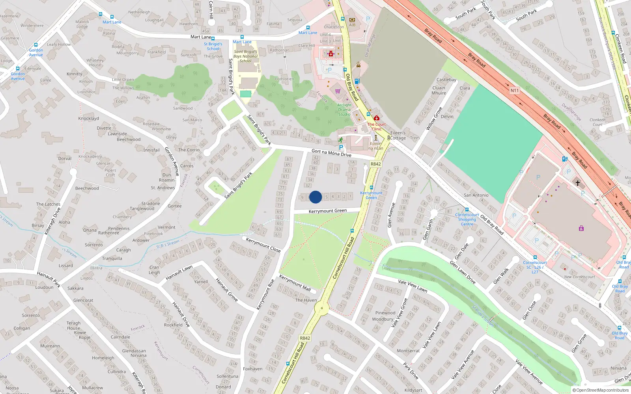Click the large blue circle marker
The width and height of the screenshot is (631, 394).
coord(315,197)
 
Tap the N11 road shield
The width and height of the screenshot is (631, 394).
coord(515,91)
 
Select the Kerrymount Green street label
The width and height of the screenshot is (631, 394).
coord(328,211)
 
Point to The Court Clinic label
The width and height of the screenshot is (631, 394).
coord(377,126)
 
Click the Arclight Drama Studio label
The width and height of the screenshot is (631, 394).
coord(344,110)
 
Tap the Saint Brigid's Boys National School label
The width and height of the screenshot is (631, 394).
coord(245,56)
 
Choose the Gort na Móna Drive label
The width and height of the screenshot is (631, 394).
coord(331,153)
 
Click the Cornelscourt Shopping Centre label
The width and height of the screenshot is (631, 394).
coord(467,219)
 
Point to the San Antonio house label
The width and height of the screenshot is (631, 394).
coord(476,195)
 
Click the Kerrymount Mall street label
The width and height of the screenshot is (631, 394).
coord(295,283)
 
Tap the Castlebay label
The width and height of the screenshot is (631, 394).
coord(446,80)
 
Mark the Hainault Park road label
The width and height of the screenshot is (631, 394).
coord(49,279)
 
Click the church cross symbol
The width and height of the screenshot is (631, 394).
coord(578,183)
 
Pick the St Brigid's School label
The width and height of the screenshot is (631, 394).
coord(213,46)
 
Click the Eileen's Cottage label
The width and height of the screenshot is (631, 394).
coord(398,136)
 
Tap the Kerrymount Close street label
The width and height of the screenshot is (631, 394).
coord(263,245)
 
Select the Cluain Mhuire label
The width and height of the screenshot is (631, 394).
coord(439,91)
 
